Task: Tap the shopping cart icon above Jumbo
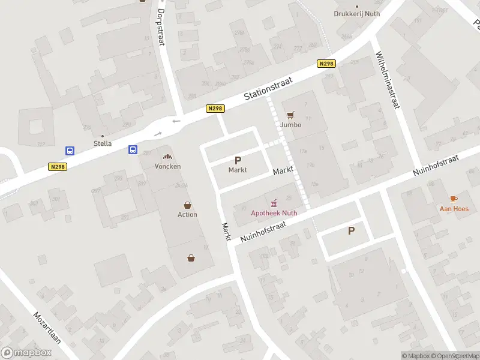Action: (291, 115)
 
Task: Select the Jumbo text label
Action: (290, 125)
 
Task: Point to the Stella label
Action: (103, 143)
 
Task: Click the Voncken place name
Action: (167, 166)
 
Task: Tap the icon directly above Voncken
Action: (167, 156)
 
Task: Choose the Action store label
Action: (187, 214)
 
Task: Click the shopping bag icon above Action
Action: (187, 205)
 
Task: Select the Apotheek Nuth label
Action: (274, 212)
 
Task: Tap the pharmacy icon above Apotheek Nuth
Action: (274, 202)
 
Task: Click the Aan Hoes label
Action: (454, 208)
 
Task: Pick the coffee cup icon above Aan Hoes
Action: (454, 199)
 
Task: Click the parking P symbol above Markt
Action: (238, 160)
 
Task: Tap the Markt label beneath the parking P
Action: (238, 170)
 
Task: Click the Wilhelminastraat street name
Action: (387, 80)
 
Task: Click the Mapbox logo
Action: (26, 352)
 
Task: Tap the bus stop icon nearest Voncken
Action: (133, 150)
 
